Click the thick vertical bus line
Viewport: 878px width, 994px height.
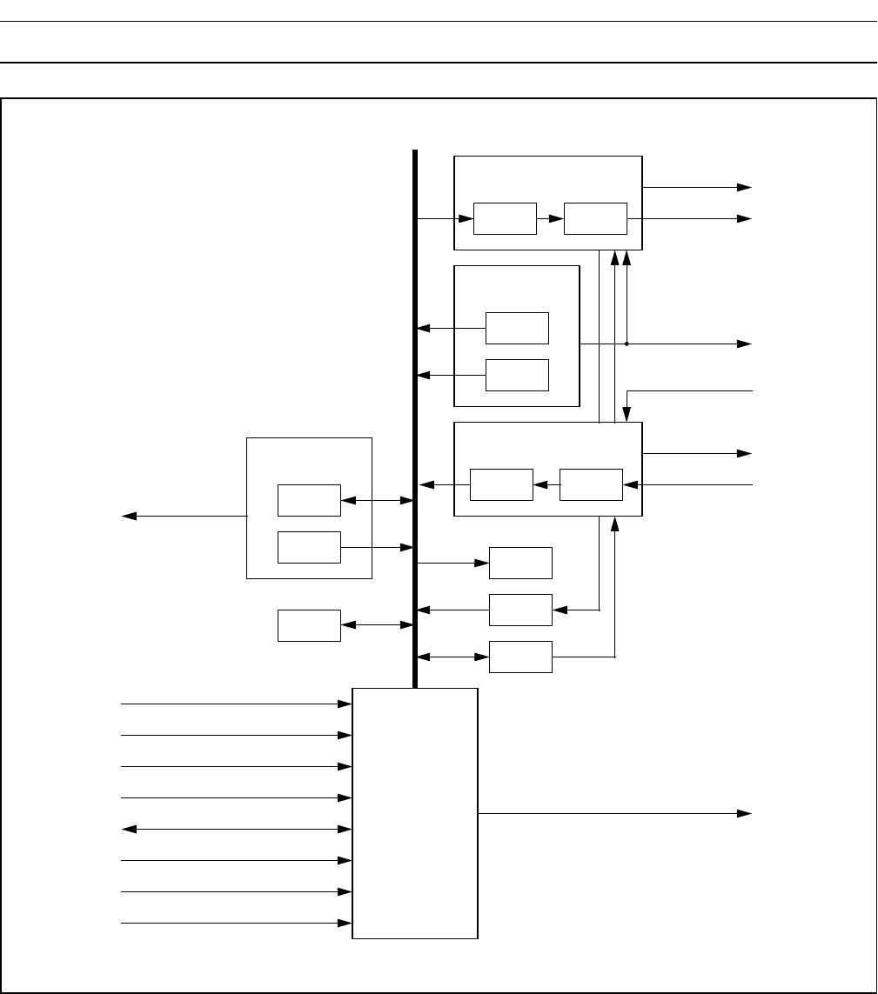click(x=415, y=417)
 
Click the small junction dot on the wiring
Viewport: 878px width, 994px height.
click(x=627, y=344)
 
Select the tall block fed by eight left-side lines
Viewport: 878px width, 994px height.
click(x=415, y=813)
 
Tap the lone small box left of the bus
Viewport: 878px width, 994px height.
click(x=309, y=625)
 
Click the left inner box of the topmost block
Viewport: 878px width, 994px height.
click(x=505, y=218)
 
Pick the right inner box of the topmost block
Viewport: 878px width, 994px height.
click(x=595, y=218)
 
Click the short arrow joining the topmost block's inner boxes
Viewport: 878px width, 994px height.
click(x=550, y=218)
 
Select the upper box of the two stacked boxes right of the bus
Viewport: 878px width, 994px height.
click(x=518, y=328)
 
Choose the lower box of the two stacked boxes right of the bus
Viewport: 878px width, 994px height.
click(x=518, y=375)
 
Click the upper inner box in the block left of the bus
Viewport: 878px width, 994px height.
click(x=309, y=500)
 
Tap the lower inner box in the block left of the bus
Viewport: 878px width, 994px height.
click(x=309, y=547)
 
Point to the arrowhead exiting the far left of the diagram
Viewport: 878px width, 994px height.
click(x=129, y=516)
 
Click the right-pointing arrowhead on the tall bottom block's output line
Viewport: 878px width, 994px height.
click(x=745, y=813)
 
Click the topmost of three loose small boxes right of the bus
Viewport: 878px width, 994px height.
click(x=520, y=563)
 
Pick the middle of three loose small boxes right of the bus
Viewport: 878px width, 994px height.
click(x=520, y=610)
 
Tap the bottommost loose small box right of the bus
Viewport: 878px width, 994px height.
click(x=520, y=657)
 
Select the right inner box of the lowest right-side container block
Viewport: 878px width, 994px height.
click(x=592, y=484)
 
